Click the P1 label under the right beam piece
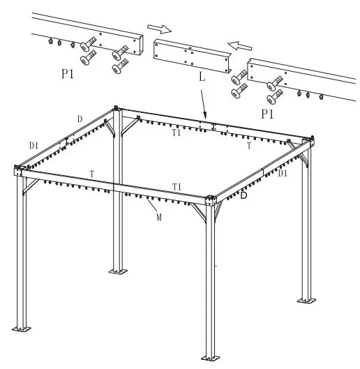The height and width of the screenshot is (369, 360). click(x=268, y=112)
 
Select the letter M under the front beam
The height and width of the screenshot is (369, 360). click(x=159, y=218)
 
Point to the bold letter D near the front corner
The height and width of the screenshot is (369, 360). click(x=243, y=197)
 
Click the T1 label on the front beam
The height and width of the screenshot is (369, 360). click(x=177, y=186)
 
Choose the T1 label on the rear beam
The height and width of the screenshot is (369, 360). click(x=177, y=133)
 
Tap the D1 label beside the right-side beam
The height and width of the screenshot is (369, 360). click(x=283, y=173)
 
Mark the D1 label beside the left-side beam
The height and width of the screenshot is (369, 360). click(x=33, y=145)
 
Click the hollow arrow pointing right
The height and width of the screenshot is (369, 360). click(x=158, y=29)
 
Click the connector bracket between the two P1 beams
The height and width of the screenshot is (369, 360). click(x=191, y=56)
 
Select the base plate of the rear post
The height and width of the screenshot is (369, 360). click(x=119, y=270)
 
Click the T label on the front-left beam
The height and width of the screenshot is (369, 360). click(x=92, y=173)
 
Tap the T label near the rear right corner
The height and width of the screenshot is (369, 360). click(x=249, y=146)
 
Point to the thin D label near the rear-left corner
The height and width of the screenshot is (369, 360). click(x=80, y=119)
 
